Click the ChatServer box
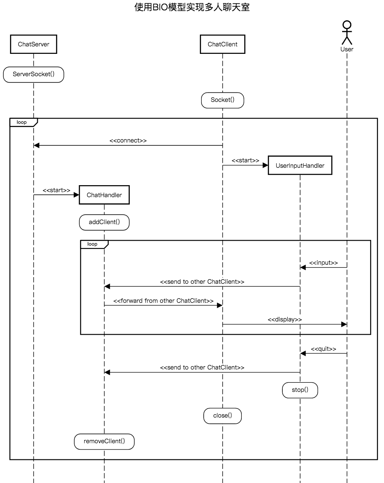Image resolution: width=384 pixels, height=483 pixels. (x=34, y=44)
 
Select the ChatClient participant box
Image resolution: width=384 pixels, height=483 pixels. (x=222, y=44)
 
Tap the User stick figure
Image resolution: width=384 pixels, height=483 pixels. (x=347, y=33)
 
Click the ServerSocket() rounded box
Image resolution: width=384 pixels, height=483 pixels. (x=34, y=74)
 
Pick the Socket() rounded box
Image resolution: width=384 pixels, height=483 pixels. (x=222, y=100)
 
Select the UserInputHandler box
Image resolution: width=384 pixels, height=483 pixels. (x=300, y=165)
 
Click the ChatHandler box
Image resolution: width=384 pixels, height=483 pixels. (x=104, y=195)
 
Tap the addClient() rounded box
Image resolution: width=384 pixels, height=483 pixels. (x=104, y=222)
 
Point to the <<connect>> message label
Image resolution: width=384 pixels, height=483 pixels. (x=128, y=140)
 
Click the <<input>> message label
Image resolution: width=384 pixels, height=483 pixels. (x=323, y=263)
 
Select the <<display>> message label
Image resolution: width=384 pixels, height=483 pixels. (x=285, y=319)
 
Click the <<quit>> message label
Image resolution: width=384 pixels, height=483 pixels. (x=323, y=349)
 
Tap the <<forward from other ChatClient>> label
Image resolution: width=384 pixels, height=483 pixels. (x=163, y=301)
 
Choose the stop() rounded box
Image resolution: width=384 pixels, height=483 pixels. (x=300, y=390)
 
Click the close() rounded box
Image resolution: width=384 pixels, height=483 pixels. (x=222, y=416)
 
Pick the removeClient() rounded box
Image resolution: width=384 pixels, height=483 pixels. (x=104, y=442)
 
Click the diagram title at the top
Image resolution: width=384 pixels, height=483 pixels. (x=192, y=7)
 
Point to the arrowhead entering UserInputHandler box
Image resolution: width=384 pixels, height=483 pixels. (x=265, y=165)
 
